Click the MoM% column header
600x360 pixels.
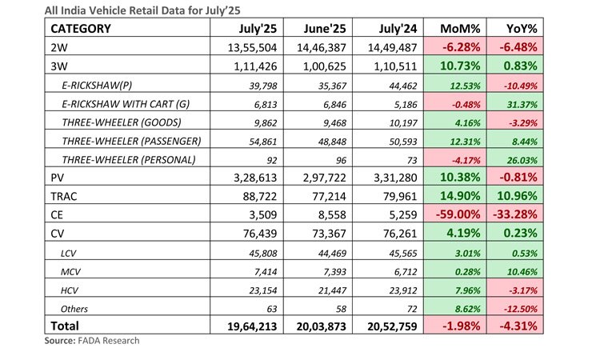point(459,29)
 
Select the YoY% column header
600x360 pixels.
point(522,29)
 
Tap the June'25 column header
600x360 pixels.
point(325,29)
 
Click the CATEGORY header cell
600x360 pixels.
point(81,29)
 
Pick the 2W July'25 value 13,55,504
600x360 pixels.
point(252,47)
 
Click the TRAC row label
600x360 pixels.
point(63,196)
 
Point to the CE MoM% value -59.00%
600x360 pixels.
point(458,214)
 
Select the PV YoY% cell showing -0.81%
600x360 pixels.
point(518,178)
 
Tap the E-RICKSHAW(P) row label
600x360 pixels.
point(97,85)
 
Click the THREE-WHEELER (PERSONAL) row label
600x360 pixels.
point(129,159)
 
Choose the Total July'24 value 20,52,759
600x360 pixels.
point(392,326)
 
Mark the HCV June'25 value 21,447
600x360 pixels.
point(332,290)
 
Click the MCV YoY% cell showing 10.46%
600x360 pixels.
point(522,272)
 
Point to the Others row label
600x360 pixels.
point(74,309)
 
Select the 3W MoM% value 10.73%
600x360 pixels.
point(460,66)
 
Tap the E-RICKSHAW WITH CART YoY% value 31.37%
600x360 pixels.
point(522,105)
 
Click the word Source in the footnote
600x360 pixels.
point(60,341)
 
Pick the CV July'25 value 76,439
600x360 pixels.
point(260,234)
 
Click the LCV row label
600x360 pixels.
point(68,254)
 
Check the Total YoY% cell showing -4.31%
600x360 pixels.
point(518,326)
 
